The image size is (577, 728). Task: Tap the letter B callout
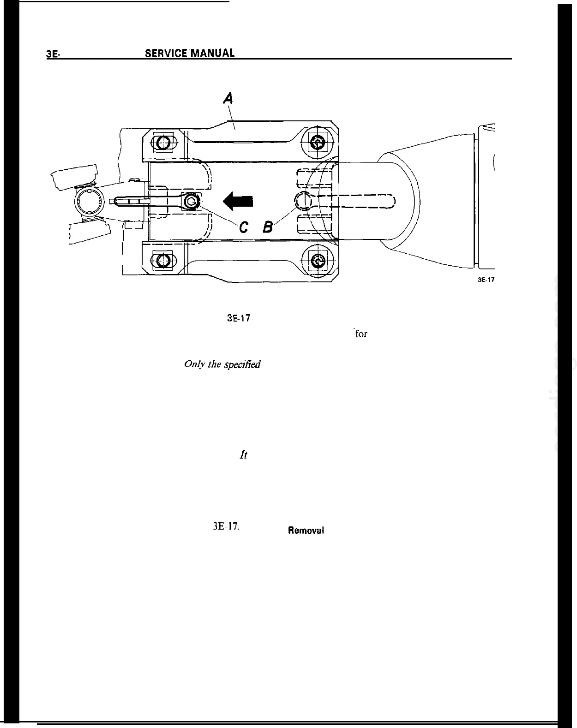[268, 227]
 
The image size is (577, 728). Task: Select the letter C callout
[244, 227]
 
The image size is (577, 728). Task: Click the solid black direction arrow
[238, 201]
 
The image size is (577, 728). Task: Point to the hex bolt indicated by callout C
[192, 201]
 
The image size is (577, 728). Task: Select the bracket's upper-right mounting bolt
[317, 143]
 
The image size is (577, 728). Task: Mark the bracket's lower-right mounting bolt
[317, 261]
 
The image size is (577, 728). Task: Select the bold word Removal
[306, 531]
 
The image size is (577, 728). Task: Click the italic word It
[244, 455]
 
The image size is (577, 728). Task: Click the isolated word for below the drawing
[361, 334]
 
